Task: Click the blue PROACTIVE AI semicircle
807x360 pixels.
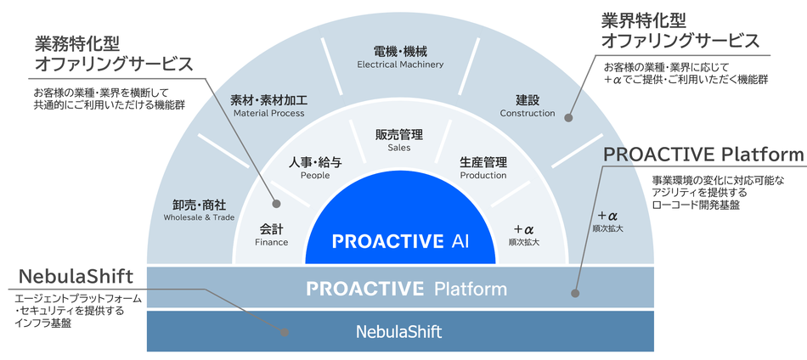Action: (x=400, y=227)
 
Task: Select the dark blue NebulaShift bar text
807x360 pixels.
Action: (x=399, y=332)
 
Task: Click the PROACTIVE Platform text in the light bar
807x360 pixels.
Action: (x=407, y=289)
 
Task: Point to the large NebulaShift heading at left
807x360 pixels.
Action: (x=76, y=277)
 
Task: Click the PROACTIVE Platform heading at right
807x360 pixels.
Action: (x=703, y=154)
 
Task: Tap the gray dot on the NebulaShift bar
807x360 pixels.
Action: (x=284, y=332)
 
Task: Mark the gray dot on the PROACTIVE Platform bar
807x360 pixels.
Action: (x=575, y=294)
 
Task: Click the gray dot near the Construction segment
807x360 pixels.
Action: (x=568, y=118)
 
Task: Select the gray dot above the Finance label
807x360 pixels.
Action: (x=276, y=204)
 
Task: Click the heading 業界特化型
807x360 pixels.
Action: (x=644, y=21)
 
